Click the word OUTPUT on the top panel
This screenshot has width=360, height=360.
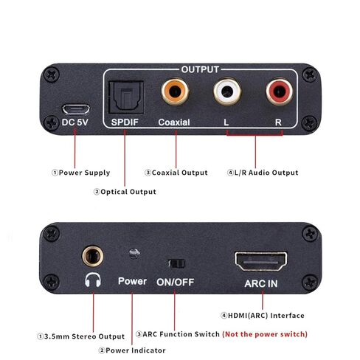point(200,69)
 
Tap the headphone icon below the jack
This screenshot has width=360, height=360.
point(92,281)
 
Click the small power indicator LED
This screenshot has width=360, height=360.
point(133,254)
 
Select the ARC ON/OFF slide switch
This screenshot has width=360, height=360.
point(176,262)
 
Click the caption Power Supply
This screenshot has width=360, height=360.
point(80,173)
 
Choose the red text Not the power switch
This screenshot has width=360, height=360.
point(265,334)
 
